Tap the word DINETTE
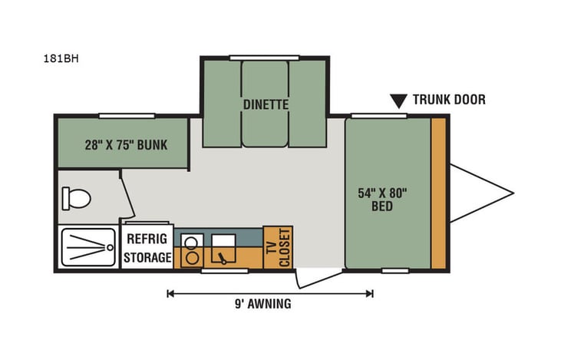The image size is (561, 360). coord(265,104)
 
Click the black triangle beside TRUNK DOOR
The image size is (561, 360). coord(398,101)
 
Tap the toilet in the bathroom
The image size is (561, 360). coord(76,199)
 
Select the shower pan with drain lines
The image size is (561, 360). coord(87,246)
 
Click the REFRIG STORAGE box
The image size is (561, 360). coord(148,247)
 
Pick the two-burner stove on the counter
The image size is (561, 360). coord(192,247)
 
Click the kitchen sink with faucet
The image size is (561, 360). coord(223,247)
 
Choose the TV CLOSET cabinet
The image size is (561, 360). coord(278,247)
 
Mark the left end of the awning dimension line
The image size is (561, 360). coord(168,292)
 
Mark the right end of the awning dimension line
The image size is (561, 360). coord(372,292)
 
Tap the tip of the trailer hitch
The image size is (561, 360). coord(512,192)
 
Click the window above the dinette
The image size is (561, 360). coord(264,57)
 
